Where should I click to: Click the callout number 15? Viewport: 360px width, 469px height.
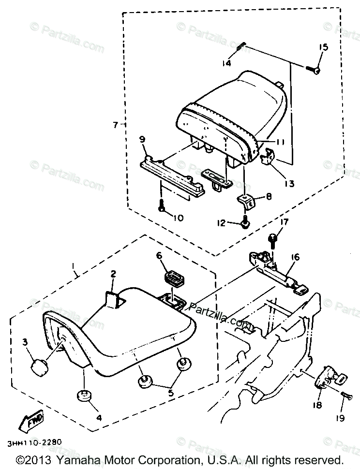coord(323,47)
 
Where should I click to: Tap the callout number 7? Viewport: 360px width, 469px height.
coord(116,125)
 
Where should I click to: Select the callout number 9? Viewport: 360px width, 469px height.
coord(142,140)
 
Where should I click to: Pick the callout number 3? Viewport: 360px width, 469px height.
coord(25,343)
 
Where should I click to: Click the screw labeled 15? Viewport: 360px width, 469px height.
coord(315,71)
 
